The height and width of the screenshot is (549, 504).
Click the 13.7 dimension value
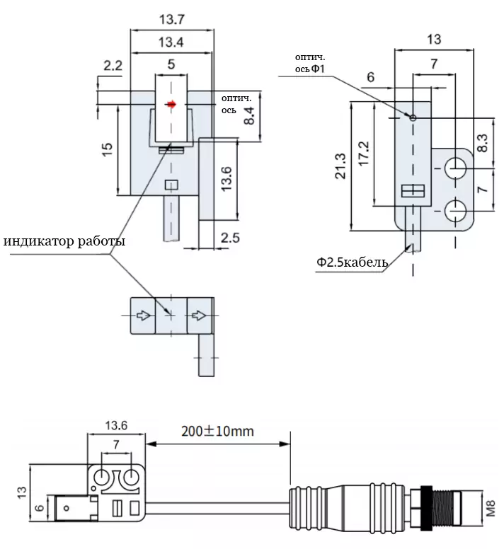point(171,19)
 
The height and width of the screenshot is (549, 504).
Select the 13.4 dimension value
point(171,42)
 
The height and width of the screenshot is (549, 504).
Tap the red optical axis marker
point(171,104)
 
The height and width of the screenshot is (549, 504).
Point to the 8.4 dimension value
point(249,116)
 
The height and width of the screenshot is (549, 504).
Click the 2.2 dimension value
point(113,66)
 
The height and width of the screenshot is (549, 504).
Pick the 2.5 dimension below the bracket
point(230,238)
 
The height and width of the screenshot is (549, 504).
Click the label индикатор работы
point(64,241)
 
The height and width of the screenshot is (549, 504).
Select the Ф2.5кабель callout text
point(352,262)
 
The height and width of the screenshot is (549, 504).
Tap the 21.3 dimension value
point(340,166)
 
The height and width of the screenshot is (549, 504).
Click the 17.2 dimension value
point(364,154)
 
